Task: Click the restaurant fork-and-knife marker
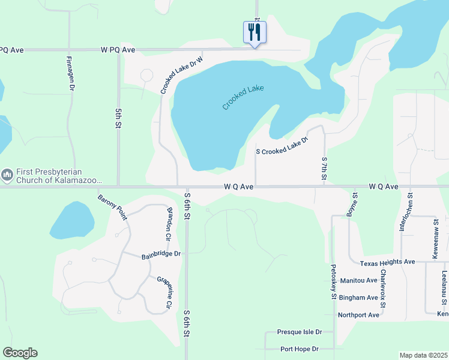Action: pos(255,32)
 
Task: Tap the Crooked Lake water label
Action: pos(243,97)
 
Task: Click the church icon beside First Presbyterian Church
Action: pos(7,175)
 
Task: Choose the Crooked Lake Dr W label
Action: pos(182,73)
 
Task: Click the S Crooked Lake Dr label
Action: pos(282,145)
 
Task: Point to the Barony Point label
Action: pos(112,207)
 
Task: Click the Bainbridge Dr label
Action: pos(161,254)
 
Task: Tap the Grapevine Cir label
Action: pos(164,293)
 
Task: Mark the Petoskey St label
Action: pos(333,281)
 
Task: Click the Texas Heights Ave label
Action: pos(387,263)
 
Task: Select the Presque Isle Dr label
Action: pos(300,332)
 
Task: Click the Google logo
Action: pos(20,353)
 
